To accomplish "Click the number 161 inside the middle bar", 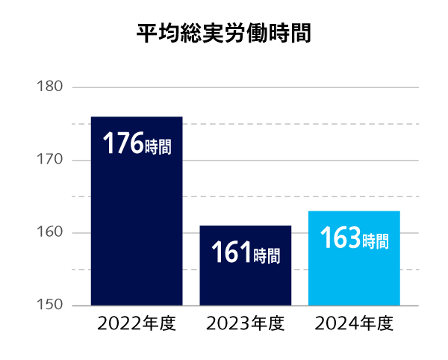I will pos(231,253).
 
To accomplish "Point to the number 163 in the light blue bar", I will pos(340,238).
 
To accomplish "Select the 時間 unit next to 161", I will pos(267,255).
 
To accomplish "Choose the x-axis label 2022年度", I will pos(136,324).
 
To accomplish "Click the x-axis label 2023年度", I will pos(245,324).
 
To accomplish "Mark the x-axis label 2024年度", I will pos(354,324).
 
